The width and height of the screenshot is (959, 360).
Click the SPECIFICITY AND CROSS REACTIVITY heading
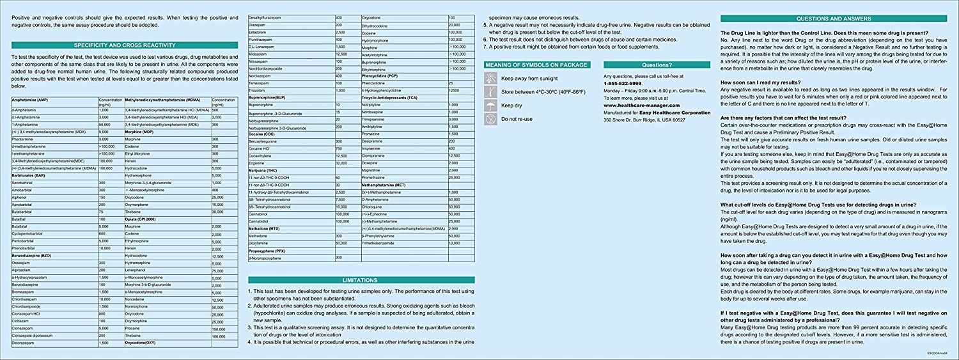click(x=125, y=45)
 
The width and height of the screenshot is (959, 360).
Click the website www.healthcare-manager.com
click(x=642, y=105)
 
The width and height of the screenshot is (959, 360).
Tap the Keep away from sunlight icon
click(x=490, y=77)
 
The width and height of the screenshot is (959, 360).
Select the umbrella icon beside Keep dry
click(x=490, y=105)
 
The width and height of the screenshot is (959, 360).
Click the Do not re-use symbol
click(x=490, y=119)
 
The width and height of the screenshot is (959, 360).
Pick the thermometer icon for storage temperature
click(x=490, y=91)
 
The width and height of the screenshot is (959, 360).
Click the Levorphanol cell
click(x=138, y=270)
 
